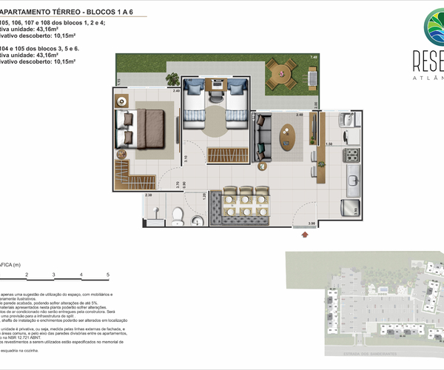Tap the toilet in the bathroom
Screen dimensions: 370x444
[176, 215]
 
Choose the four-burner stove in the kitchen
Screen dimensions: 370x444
[351, 155]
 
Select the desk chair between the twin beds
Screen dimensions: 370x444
[215, 93]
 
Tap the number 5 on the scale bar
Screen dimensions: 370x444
[108, 275]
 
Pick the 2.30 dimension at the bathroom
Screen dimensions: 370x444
[148, 195]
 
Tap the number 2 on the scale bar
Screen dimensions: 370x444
[27, 275]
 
